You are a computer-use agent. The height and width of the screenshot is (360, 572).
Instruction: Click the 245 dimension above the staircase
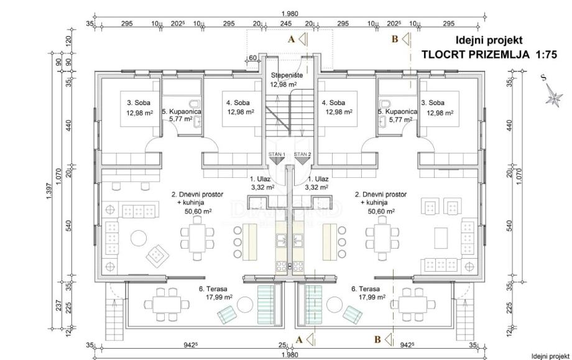[x=286, y=24]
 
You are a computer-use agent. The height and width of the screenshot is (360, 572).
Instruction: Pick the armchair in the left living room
[x=156, y=253]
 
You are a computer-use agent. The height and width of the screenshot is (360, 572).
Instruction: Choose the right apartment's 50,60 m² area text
[x=381, y=211]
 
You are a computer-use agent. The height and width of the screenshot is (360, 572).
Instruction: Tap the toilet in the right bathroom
[x=385, y=103]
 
